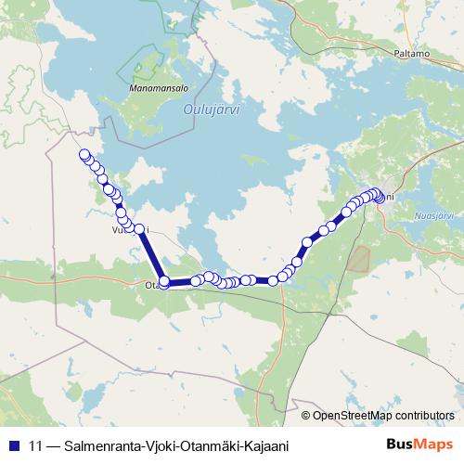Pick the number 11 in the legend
(x=35, y=446)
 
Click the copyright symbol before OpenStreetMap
(x=306, y=415)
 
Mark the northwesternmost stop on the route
(x=84, y=155)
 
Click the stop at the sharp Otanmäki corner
(x=164, y=281)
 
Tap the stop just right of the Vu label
(x=140, y=228)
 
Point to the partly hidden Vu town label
(x=118, y=229)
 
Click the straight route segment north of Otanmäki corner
(x=152, y=255)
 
